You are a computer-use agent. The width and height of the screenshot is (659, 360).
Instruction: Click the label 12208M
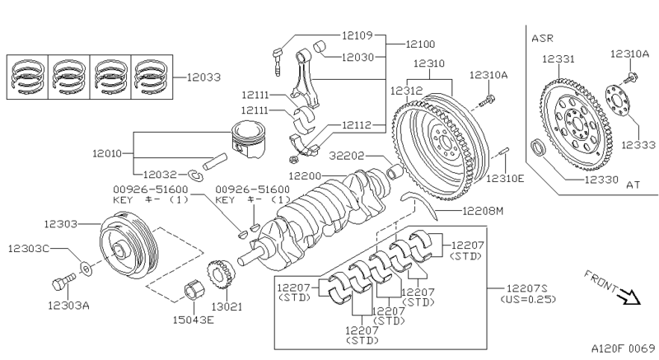click(482, 212)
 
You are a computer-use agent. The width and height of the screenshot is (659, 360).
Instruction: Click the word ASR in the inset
click(544, 38)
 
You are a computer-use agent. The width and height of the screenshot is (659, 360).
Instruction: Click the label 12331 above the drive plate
click(559, 58)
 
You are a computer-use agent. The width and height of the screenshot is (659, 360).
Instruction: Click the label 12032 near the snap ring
click(159, 175)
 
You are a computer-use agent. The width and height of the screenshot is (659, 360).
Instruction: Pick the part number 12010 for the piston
click(107, 152)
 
